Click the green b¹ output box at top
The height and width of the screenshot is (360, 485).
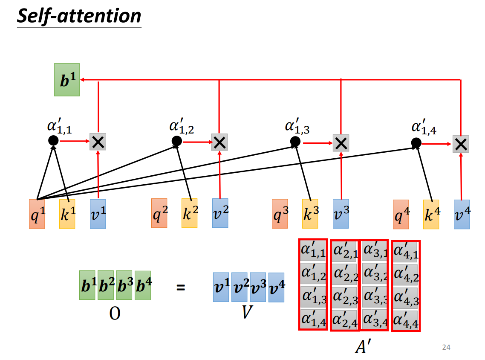point(67,80)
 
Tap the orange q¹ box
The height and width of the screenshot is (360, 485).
point(37,214)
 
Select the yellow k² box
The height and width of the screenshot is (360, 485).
point(189,213)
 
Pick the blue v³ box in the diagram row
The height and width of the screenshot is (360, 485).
point(341,214)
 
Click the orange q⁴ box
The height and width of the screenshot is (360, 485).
point(401,214)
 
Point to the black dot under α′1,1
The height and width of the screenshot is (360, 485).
point(53,140)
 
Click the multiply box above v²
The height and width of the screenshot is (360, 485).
point(219,142)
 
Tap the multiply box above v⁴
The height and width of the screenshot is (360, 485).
point(461,144)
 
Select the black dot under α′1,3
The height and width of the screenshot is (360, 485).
point(295,141)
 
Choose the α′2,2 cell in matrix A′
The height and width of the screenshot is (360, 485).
point(345,273)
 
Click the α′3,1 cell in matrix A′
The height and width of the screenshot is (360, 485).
point(374,250)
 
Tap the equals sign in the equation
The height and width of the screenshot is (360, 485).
point(181,287)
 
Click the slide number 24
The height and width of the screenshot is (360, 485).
point(446,347)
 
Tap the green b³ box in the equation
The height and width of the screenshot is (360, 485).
point(124,285)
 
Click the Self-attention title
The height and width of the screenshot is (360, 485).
point(79,16)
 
